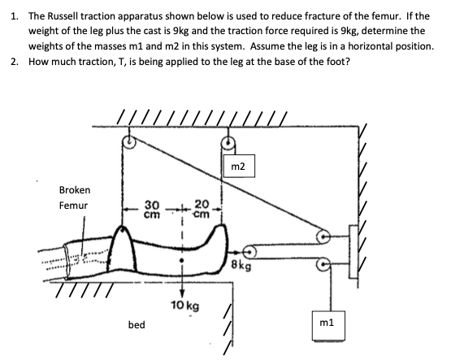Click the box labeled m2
[x=237, y=167]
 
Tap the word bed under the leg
[x=137, y=324]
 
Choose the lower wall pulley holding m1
[x=323, y=262]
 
